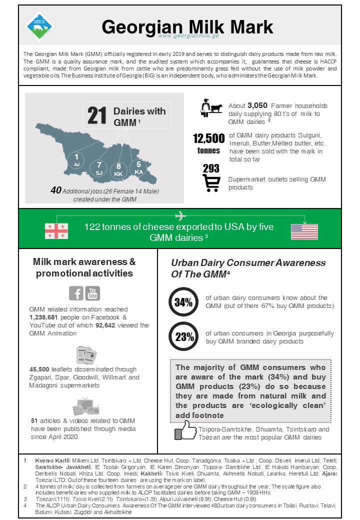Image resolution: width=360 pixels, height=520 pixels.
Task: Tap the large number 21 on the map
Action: click(x=97, y=115)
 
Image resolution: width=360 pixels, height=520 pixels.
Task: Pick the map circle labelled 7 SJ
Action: click(x=99, y=168)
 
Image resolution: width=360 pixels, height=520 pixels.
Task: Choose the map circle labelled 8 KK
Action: click(x=118, y=170)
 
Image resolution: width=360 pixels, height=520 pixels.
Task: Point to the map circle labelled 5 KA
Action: click(x=138, y=168)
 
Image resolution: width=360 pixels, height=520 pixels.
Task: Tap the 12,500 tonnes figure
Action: click(x=209, y=143)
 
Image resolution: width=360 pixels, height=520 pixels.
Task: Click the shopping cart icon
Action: click(x=211, y=183)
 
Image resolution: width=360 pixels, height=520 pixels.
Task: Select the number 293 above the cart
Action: click(x=211, y=169)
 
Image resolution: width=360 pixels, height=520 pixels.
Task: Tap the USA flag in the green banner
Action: click(x=304, y=231)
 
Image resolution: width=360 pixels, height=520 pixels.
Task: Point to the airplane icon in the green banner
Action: click(x=180, y=215)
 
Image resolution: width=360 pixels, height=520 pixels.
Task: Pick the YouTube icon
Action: click(x=92, y=293)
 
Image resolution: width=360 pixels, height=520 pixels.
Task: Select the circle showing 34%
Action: click(x=183, y=302)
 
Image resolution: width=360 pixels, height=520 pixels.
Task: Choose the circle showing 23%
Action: click(x=183, y=336)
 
